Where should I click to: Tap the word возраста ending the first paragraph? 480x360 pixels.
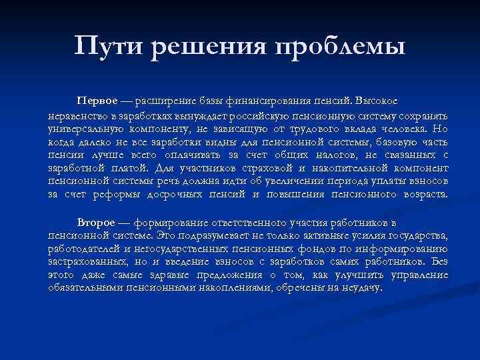[424, 195]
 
